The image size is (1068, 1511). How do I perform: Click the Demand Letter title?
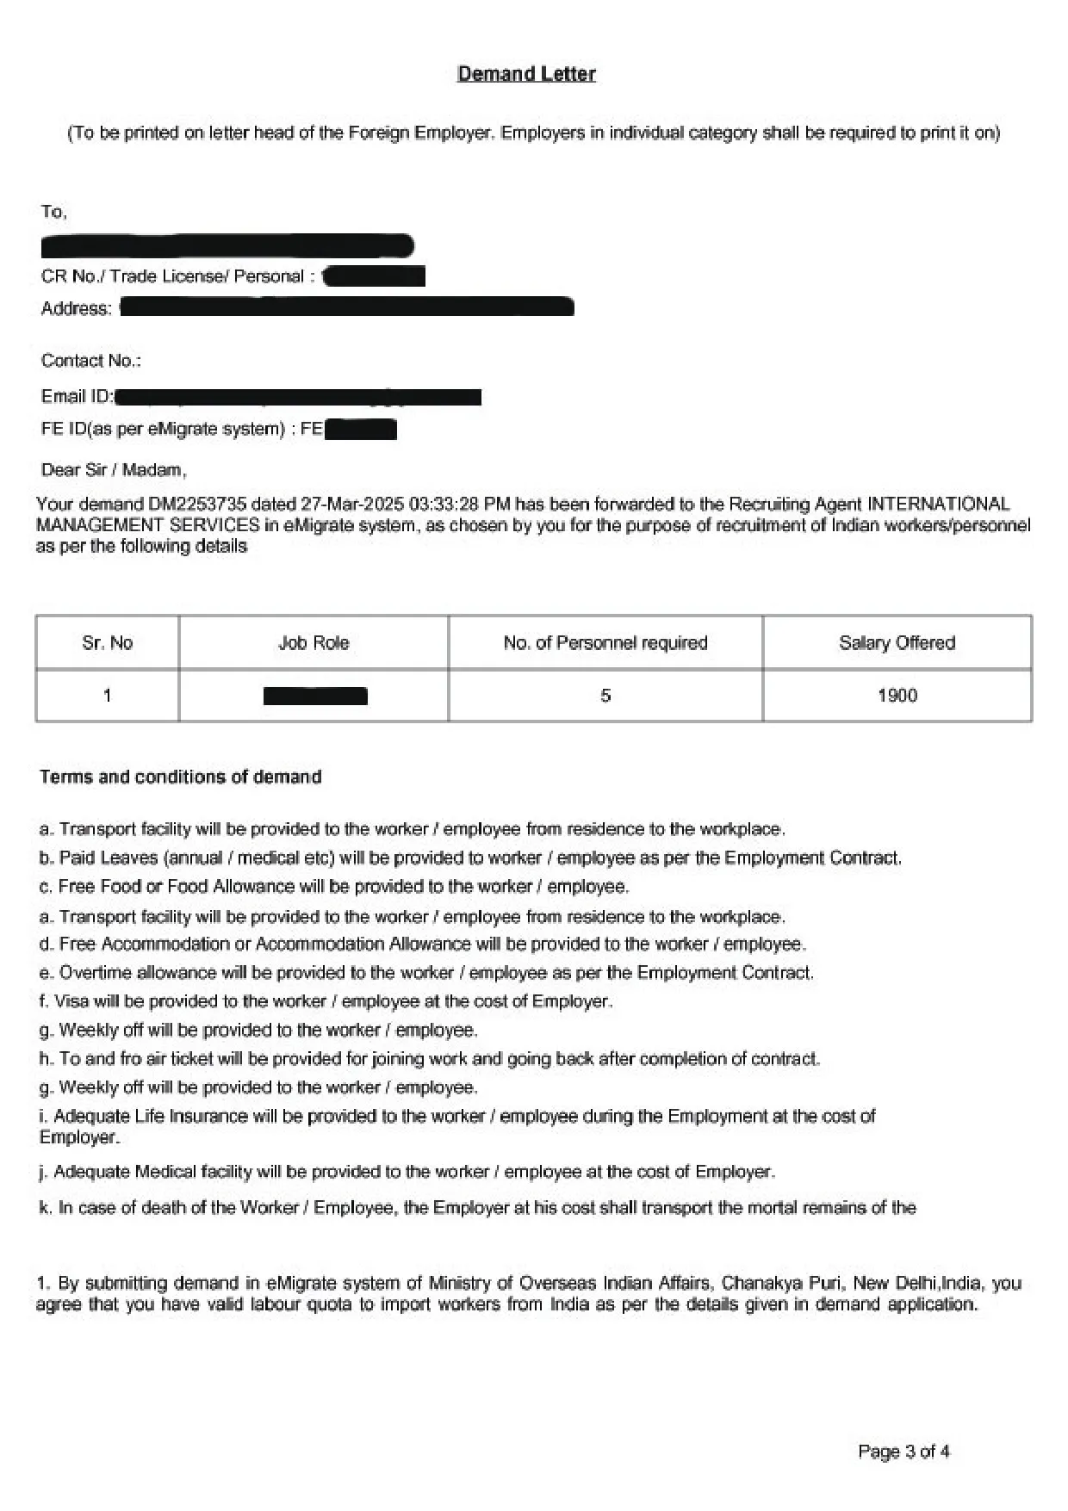click(x=526, y=74)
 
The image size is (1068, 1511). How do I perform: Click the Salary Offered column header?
click(x=897, y=643)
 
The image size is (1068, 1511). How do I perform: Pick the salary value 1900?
click(x=897, y=696)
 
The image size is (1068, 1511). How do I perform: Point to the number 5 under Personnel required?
click(x=605, y=696)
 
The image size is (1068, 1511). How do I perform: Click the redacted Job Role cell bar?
click(x=315, y=696)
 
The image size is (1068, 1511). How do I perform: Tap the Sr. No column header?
click(x=107, y=643)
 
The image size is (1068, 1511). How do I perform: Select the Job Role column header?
click(x=314, y=643)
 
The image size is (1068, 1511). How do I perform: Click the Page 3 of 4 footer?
click(x=903, y=1452)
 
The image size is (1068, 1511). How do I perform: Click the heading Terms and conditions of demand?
click(x=180, y=777)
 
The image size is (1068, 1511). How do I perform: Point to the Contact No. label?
click(x=90, y=361)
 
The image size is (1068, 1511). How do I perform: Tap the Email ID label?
click(x=77, y=396)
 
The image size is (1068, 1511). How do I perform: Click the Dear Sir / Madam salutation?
click(x=114, y=470)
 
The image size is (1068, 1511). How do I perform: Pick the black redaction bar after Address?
click(x=346, y=307)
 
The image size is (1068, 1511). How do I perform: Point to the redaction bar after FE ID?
click(x=361, y=429)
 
